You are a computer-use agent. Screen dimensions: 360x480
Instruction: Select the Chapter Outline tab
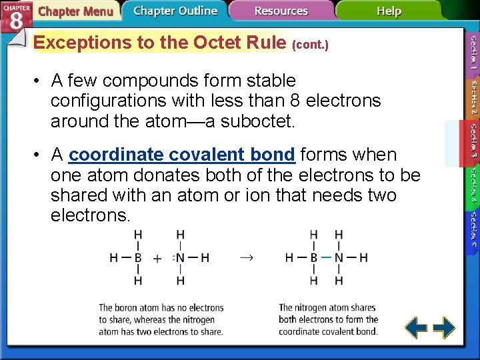175,11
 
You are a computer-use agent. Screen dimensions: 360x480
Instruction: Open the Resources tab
281,11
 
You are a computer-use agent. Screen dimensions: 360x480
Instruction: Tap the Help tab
389,11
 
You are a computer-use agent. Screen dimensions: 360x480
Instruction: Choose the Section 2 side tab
472,97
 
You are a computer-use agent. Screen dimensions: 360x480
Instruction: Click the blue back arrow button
417,327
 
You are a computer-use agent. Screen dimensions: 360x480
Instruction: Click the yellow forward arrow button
444,327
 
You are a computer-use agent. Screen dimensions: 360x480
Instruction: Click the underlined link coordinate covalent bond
181,155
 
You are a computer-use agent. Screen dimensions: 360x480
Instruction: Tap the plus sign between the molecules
157,258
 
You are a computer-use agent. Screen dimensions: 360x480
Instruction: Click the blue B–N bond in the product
326,258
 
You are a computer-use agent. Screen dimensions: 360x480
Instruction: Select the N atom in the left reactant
180,258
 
